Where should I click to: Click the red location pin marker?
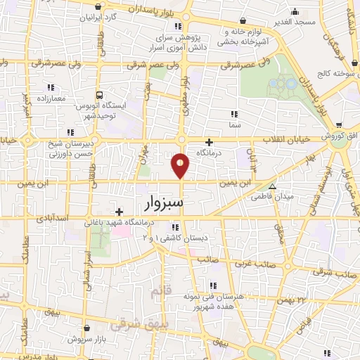point(181,165)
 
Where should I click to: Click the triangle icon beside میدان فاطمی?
point(273,187)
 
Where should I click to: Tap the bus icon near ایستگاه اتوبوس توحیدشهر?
point(99,94)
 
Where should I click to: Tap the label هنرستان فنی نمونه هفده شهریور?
point(240,302)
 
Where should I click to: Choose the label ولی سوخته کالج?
point(332,73)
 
